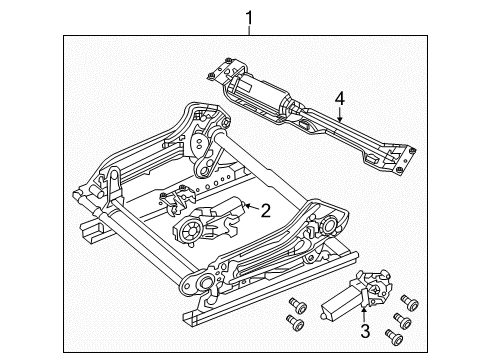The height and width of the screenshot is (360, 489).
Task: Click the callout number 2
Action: pos(265,209)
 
